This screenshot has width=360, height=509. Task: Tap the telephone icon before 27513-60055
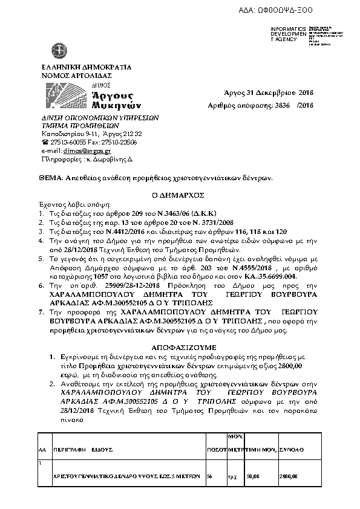pos(45,142)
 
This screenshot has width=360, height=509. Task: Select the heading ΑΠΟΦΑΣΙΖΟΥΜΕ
pos(180,340)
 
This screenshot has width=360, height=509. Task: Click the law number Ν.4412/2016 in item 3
pos(112,232)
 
